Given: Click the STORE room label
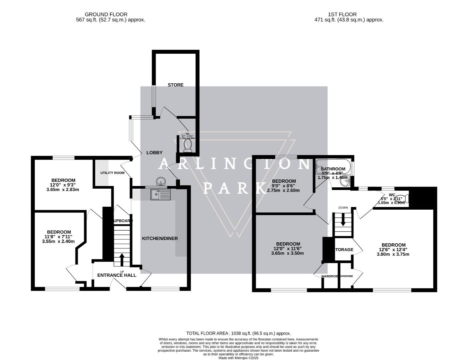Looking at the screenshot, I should tap(175, 85).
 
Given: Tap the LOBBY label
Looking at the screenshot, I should tap(155, 153).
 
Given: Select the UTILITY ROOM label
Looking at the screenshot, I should tap(112, 173).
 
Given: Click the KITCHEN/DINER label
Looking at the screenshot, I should tap(160, 238).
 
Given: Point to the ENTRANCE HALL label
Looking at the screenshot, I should tap(117, 275).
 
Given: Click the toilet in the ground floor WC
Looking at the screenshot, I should tap(188, 146).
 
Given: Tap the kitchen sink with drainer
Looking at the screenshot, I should tap(160, 194).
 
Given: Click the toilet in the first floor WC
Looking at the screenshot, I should tap(404, 199).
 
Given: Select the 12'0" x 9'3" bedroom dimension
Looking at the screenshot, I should tap(63, 185).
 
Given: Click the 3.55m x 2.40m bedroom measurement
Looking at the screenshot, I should tap(59, 242).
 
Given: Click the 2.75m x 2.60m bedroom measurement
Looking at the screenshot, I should tap(283, 191).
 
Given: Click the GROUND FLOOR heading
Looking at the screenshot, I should tap(106, 14).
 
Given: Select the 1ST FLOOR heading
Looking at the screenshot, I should tap(342, 14).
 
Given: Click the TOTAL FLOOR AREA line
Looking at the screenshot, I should tap(238, 333).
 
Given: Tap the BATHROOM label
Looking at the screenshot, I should tap(333, 169).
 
